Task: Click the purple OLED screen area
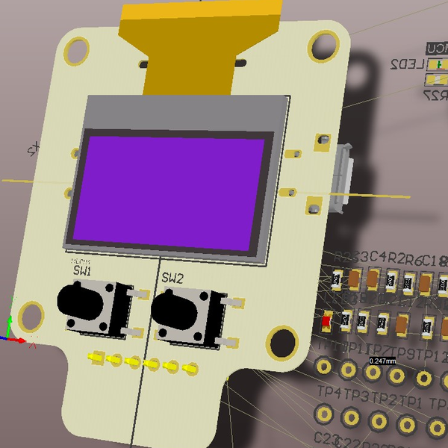pyautogui.click(x=169, y=190)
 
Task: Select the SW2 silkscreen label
pyautogui.click(x=172, y=278)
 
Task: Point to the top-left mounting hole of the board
pyautogui.click(x=77, y=49)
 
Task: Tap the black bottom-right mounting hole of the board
pyautogui.click(x=281, y=342)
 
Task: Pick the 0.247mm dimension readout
pyautogui.click(x=382, y=361)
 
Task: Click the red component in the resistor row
pyautogui.click(x=327, y=320)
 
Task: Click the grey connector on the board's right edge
pyautogui.click(x=345, y=179)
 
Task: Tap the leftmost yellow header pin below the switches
pyautogui.click(x=96, y=358)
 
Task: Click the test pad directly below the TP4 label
pyautogui.click(x=325, y=414)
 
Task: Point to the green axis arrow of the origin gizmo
pyautogui.click(x=11, y=314)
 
